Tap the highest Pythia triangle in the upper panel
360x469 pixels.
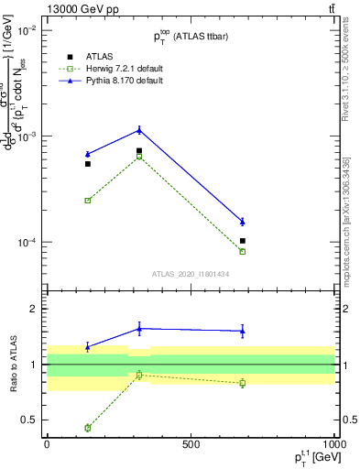(139, 129)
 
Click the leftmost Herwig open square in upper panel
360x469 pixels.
(88, 200)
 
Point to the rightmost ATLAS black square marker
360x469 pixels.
(243, 241)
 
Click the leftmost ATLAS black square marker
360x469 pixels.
(88, 164)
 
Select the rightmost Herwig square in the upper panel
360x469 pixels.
(243, 251)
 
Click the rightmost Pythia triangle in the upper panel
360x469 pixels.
(243, 222)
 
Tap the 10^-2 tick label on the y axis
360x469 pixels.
(25, 30)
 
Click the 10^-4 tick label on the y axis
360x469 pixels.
(25, 243)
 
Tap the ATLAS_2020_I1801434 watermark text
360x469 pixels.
(190, 274)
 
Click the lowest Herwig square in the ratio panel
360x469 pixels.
(88, 428)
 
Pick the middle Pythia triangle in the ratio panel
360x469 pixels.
(139, 328)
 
